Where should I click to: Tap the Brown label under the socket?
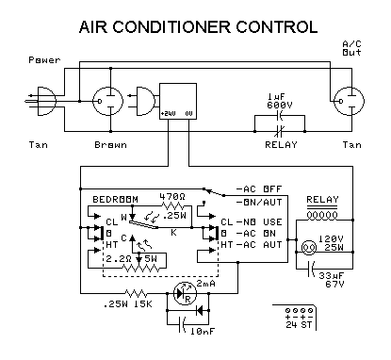tap(110, 144)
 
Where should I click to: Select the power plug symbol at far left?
tap(41, 100)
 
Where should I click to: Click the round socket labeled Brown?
tap(106, 100)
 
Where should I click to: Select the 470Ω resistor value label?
tap(172, 198)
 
